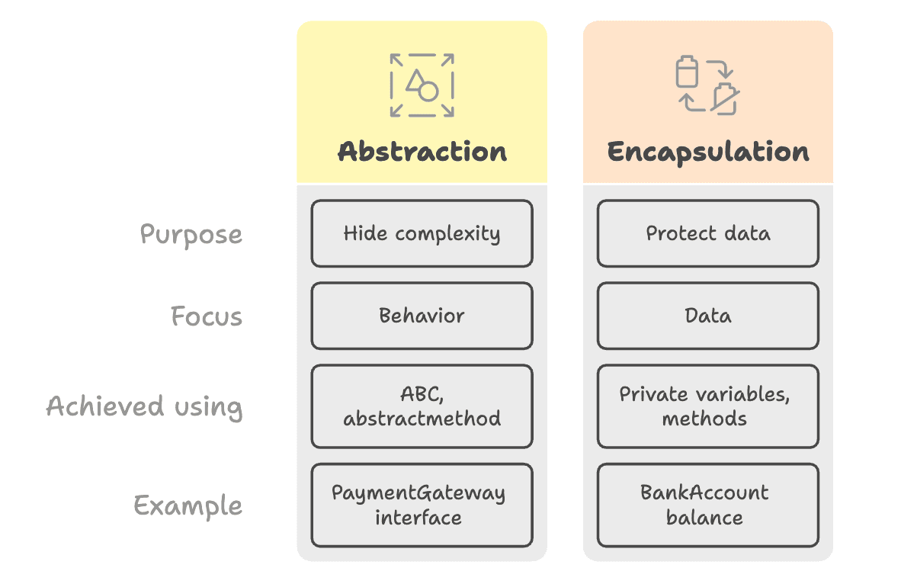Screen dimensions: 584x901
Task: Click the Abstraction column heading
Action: [x=422, y=151]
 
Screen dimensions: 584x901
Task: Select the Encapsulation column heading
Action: [x=707, y=151]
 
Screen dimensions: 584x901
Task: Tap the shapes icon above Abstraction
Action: [x=422, y=85]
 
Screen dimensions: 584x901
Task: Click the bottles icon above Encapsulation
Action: [x=707, y=85]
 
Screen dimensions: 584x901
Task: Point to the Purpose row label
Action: [x=191, y=234]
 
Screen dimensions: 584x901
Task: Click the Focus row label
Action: [x=206, y=316]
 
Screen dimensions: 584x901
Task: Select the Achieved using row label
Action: [x=144, y=406]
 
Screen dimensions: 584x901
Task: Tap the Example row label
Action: [x=188, y=505]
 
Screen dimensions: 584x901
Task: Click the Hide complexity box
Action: [x=422, y=233]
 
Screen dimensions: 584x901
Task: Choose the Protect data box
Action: [x=707, y=233]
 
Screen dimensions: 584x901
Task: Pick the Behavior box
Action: [x=422, y=316]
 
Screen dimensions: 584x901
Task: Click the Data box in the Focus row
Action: [x=707, y=316]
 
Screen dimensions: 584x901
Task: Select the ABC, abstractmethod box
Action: [x=422, y=406]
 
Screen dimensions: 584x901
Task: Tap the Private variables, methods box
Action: [x=707, y=406]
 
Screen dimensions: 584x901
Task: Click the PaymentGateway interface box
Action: [x=422, y=505]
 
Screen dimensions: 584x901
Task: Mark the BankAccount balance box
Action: [x=707, y=505]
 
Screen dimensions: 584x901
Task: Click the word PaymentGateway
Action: [x=418, y=493]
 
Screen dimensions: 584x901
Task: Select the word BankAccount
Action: [x=704, y=493]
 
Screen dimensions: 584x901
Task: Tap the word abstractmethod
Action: [x=422, y=419]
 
